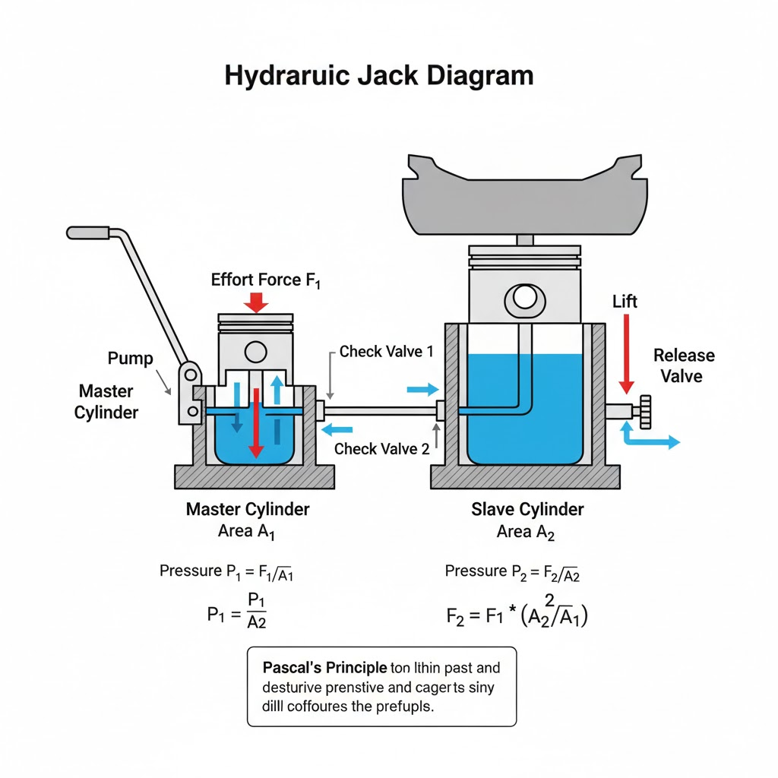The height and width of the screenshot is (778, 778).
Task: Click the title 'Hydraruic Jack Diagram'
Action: point(379,77)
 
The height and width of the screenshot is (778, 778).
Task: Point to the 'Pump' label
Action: point(130,359)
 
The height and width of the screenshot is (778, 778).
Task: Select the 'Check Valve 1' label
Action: point(387,352)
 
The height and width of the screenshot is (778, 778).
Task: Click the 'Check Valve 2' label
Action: point(381,449)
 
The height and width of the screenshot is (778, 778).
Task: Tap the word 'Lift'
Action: point(625,302)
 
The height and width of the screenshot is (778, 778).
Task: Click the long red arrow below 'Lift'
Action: point(626,353)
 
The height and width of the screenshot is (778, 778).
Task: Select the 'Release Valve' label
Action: point(684,365)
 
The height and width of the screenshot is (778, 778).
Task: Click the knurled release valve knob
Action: point(647,412)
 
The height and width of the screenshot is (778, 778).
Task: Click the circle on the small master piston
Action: point(255,351)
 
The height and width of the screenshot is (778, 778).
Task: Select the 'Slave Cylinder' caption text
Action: point(527,509)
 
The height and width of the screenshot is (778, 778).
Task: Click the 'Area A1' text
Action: point(246,531)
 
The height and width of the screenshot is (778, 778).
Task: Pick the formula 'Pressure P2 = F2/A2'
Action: point(512,572)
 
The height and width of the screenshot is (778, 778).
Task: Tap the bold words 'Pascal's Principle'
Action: point(325,669)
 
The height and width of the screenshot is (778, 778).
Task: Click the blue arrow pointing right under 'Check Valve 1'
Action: point(423,390)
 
